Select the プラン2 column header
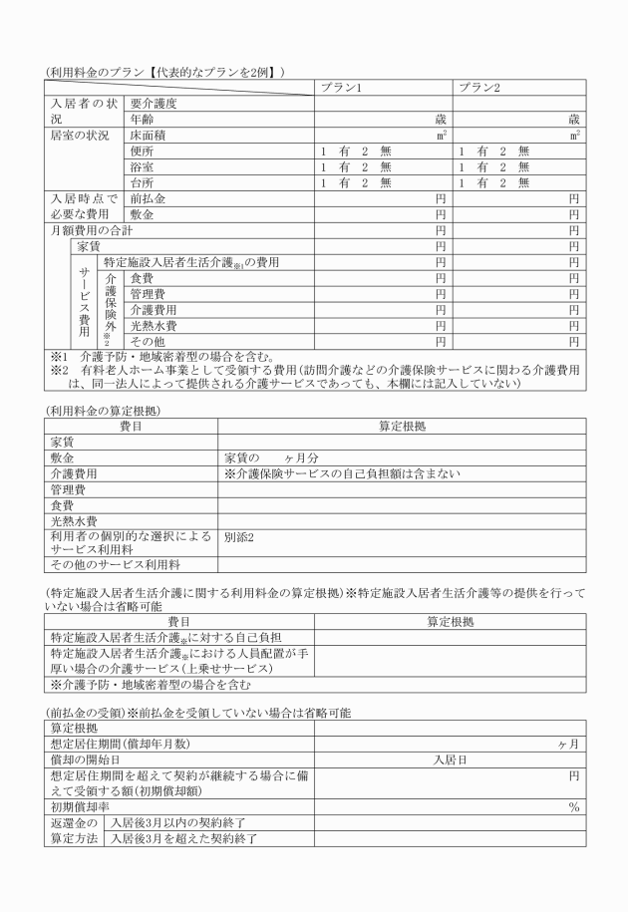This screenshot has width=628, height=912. click(x=478, y=88)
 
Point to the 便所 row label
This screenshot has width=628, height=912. click(x=142, y=151)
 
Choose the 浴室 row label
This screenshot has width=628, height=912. click(x=142, y=166)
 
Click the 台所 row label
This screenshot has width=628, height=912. click(x=142, y=182)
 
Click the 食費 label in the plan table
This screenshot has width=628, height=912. click(x=142, y=278)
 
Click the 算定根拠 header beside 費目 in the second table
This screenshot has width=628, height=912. click(x=401, y=426)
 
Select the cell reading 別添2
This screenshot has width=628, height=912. click(x=239, y=536)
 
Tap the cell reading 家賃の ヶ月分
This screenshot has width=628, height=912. click(x=271, y=457)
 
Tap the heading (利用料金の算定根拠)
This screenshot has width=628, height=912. click(x=104, y=410)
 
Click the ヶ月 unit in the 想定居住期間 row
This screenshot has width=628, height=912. click(x=568, y=744)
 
